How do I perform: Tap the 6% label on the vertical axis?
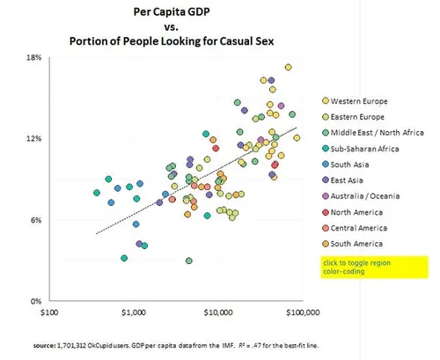pos(35,220)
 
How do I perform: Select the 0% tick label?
pos(35,301)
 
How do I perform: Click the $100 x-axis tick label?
pos(48,312)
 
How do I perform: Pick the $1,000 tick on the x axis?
pos(133,312)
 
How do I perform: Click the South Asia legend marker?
pos(325,165)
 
